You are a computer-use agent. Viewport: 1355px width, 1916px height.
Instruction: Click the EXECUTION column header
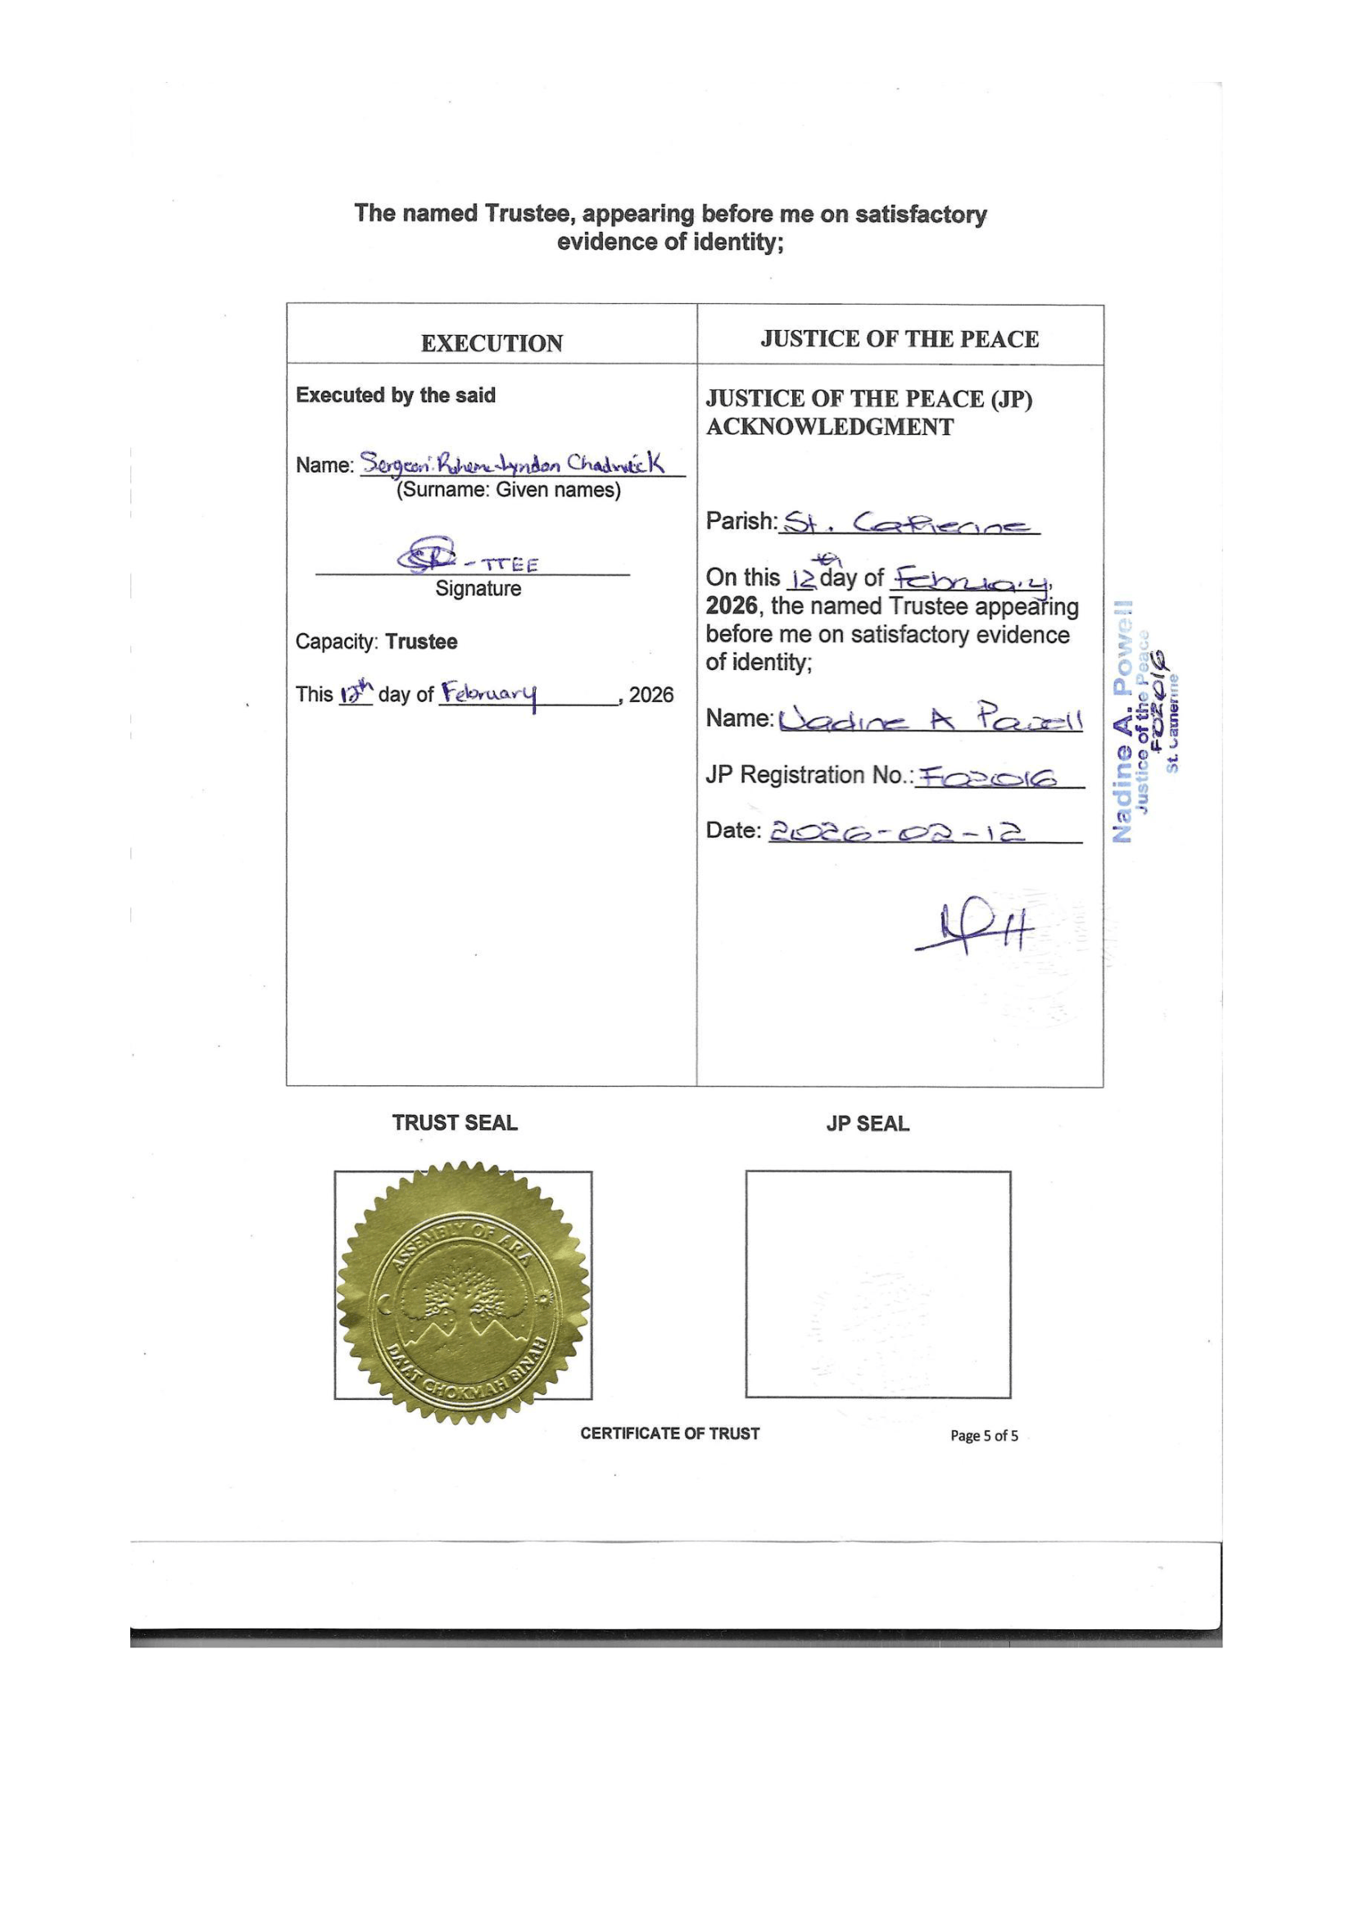point(492,344)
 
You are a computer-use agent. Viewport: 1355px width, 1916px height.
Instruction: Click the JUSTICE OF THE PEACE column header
point(900,339)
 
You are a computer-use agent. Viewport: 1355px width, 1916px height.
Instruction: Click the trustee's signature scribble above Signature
point(426,554)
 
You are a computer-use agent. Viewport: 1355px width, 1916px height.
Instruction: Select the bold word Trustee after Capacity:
point(421,641)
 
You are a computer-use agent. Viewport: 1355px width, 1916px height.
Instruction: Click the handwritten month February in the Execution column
point(489,695)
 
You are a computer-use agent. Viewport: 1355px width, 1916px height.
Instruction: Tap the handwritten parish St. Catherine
point(909,524)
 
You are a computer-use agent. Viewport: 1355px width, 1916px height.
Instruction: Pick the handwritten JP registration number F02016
point(986,777)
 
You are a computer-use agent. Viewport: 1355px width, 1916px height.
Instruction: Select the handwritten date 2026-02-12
point(896,832)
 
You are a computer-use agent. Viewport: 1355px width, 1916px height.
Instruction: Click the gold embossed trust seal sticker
point(463,1291)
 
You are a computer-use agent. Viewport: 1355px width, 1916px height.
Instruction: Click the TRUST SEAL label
point(455,1123)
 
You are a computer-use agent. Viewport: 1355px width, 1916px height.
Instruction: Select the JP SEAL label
point(868,1124)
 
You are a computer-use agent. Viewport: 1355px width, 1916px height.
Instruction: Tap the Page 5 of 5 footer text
point(984,1436)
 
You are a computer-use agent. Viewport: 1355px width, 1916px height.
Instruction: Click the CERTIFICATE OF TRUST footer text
point(670,1434)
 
